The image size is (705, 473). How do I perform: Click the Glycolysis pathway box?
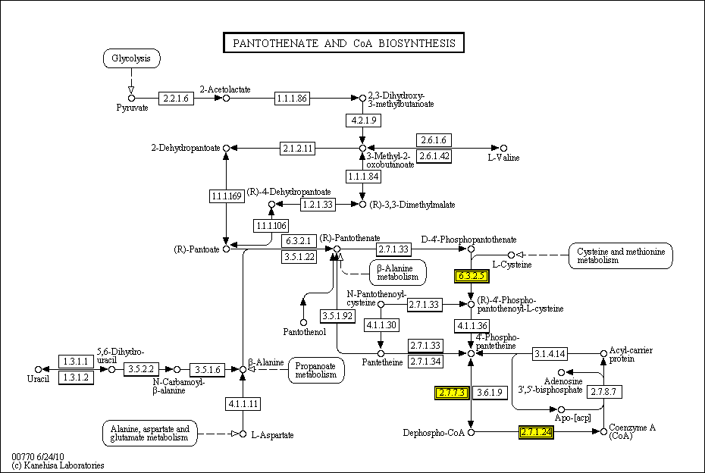(x=131, y=58)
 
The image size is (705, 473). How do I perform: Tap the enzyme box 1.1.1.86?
(x=291, y=98)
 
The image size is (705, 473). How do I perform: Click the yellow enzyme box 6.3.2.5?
(x=469, y=276)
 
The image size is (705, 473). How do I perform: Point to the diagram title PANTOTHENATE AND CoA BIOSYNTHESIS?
(x=343, y=42)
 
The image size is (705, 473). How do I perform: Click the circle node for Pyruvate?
(x=131, y=98)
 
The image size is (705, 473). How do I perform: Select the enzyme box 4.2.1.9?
(x=362, y=121)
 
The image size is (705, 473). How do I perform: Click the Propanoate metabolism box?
(x=316, y=370)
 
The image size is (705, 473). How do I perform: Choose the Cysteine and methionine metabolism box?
(x=621, y=255)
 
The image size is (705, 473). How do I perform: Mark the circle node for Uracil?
(x=38, y=369)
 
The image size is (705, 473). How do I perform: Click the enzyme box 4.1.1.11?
(x=243, y=404)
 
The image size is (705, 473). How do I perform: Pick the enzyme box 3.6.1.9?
(x=489, y=393)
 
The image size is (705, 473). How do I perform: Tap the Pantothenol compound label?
(x=303, y=332)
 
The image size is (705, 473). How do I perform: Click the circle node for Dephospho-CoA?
(x=471, y=432)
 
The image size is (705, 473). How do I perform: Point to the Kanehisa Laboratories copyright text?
(x=58, y=465)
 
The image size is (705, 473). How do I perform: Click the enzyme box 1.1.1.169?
(x=226, y=196)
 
